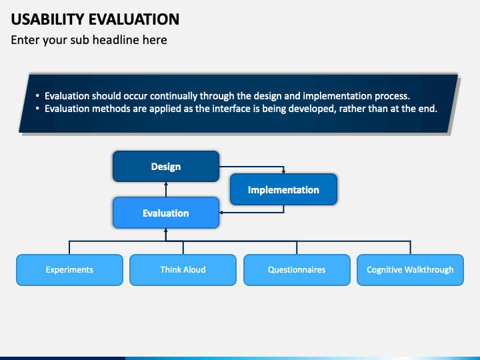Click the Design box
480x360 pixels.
tap(166, 166)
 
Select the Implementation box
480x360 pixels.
tap(283, 189)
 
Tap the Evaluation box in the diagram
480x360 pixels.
tap(166, 213)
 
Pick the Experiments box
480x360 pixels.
tap(69, 270)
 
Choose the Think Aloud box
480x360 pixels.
tap(183, 270)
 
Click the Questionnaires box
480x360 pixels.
tap(297, 270)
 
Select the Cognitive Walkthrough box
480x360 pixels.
tap(410, 270)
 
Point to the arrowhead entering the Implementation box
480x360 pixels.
tap(283, 171)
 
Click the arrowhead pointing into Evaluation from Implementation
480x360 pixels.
tap(221, 213)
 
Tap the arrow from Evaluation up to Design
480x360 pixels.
tap(166, 189)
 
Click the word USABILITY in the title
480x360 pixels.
tap(47, 19)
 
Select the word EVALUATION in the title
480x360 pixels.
tap(134, 19)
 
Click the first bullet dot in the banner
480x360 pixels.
tap(37, 96)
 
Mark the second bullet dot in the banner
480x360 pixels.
tap(37, 109)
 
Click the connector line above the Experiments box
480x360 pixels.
tap(69, 247)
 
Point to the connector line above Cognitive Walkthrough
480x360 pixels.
tap(410, 247)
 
